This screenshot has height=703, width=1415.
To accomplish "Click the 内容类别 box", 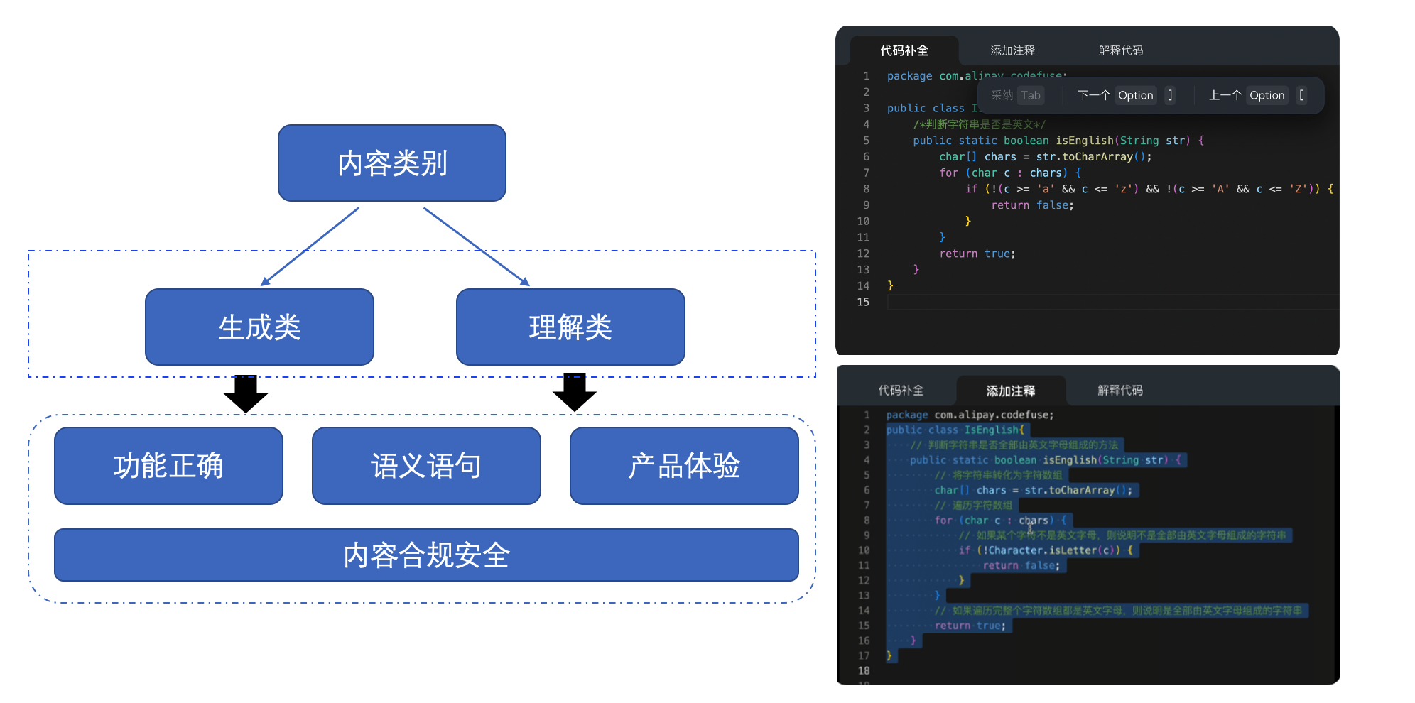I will [391, 163].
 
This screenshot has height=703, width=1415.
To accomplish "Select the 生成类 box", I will [259, 327].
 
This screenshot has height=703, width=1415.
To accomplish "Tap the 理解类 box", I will [570, 327].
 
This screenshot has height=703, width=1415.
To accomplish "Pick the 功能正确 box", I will [168, 466].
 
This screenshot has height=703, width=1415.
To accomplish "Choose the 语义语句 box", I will [426, 466].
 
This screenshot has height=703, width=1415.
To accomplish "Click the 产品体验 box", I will [684, 466].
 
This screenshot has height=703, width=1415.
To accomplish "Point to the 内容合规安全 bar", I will [426, 555].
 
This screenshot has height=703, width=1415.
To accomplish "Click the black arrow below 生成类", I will [246, 393].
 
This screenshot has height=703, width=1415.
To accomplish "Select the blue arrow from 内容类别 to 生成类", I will [310, 246].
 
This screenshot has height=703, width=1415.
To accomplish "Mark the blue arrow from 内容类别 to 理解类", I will [476, 246].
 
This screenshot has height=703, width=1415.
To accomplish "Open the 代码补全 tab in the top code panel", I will [904, 50].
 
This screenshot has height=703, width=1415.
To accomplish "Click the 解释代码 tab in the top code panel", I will [1121, 50].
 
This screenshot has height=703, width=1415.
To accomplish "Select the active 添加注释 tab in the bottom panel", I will [1010, 391].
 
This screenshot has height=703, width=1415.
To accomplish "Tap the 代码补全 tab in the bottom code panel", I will [901, 391].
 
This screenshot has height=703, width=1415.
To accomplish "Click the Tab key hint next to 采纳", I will [1031, 95].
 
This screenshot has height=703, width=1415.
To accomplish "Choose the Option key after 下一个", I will [1135, 95].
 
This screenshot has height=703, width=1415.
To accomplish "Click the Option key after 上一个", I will [1267, 95].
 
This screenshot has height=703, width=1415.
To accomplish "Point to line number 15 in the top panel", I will [863, 302].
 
